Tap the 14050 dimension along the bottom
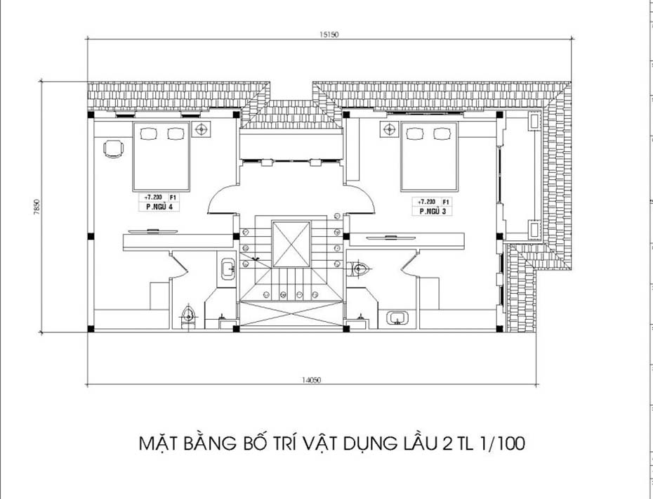click(312, 380)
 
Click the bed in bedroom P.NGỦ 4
click(161, 156)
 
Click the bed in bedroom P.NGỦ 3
click(429, 156)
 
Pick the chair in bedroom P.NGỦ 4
click(114, 148)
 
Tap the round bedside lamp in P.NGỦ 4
click(202, 129)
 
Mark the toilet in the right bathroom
click(360, 268)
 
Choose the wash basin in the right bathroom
click(398, 317)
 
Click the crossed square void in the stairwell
click(291, 244)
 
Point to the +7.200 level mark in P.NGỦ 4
click(152, 198)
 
